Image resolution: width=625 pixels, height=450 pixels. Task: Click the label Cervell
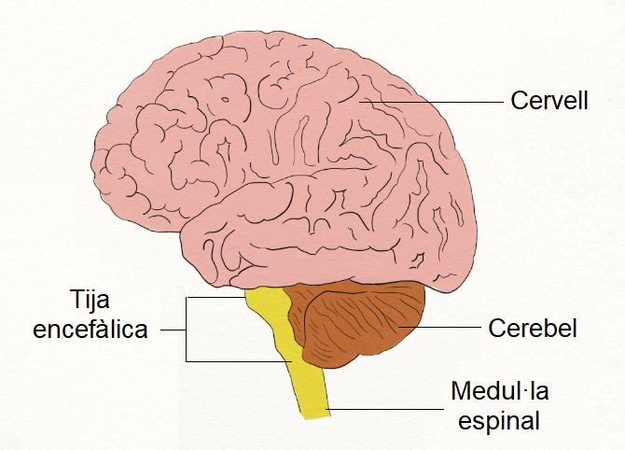point(549,100)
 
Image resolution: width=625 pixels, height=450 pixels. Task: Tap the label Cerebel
point(533,329)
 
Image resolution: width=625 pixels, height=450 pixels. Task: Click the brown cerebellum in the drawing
point(354,322)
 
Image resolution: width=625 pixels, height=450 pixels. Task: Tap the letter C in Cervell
point(519,100)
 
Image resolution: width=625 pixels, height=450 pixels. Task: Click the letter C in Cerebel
point(496,329)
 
